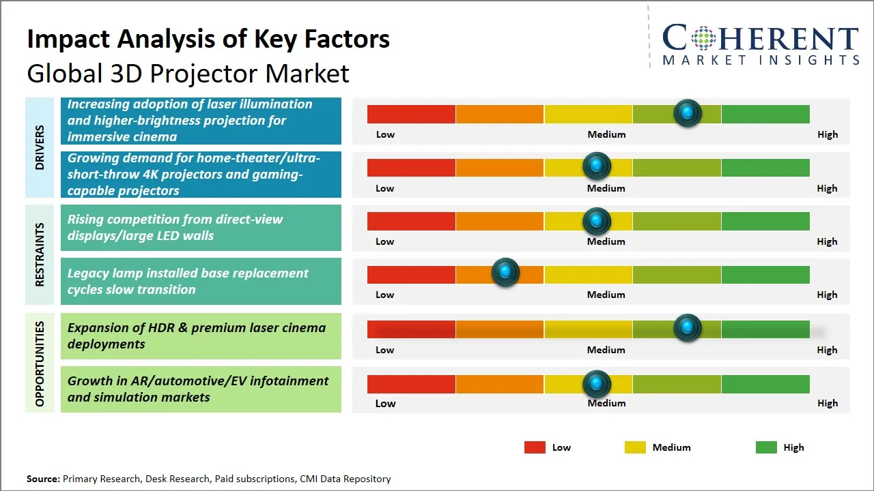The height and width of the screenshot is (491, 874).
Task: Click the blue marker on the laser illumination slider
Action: click(x=688, y=113)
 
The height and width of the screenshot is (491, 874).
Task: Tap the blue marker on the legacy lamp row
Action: click(x=505, y=273)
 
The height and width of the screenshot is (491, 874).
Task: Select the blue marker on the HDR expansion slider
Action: click(x=688, y=328)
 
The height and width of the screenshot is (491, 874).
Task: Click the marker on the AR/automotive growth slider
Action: click(x=597, y=384)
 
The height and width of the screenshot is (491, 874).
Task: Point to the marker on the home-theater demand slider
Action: click(x=597, y=166)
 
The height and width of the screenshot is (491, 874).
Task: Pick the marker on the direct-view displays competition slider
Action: click(x=597, y=221)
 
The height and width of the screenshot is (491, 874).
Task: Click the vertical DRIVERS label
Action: click(x=40, y=147)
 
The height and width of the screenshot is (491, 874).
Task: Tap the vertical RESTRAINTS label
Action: click(x=40, y=254)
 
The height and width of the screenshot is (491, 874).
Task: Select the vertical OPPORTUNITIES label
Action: click(x=40, y=363)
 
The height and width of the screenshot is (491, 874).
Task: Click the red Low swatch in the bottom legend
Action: click(x=535, y=447)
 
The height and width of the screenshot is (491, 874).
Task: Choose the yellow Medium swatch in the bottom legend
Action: click(x=635, y=447)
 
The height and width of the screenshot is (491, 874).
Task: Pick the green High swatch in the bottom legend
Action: click(x=766, y=447)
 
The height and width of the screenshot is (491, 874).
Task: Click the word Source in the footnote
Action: click(x=42, y=479)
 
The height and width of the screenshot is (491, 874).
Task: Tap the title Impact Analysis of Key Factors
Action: click(x=208, y=40)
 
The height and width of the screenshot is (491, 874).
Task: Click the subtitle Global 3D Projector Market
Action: click(x=188, y=73)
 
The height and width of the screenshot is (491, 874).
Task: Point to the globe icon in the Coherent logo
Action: click(x=703, y=38)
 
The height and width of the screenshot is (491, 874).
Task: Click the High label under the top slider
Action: click(x=827, y=134)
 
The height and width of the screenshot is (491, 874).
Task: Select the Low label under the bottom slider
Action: click(x=385, y=403)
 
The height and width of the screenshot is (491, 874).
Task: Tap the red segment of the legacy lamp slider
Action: click(x=411, y=275)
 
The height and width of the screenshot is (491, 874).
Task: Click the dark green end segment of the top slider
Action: click(x=765, y=114)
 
